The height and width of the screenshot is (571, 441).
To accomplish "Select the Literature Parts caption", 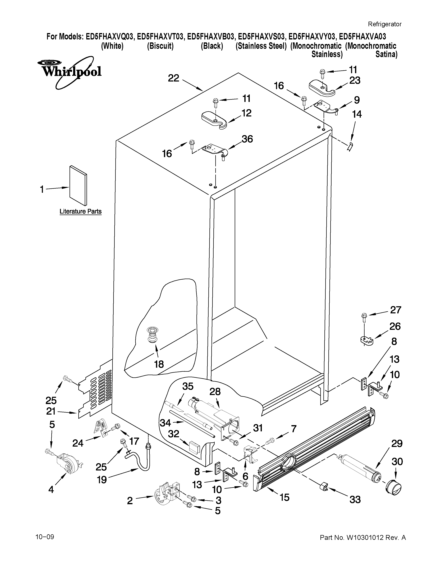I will pyautogui.click(x=80, y=211).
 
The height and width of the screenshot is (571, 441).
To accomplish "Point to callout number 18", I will pyautogui.click(x=159, y=364).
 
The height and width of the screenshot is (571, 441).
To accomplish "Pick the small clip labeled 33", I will pyautogui.click(x=323, y=487).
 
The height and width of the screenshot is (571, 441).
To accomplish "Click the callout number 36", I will pyautogui.click(x=247, y=139).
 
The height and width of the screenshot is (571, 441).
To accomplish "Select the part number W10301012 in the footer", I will pyautogui.click(x=365, y=538).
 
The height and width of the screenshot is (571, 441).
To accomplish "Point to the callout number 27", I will pyautogui.click(x=396, y=310).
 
